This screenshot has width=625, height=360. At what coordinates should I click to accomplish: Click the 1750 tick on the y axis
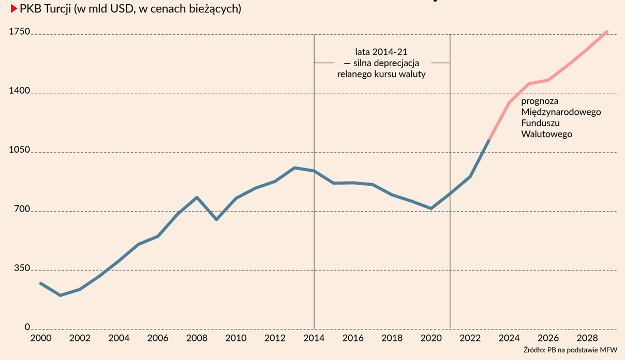(20, 32)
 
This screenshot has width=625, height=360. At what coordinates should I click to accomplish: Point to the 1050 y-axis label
(20, 151)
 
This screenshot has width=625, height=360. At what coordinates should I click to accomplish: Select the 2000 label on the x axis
(41, 338)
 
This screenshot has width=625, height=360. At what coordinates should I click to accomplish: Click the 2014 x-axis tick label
(315, 338)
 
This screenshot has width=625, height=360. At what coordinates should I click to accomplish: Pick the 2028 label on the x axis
(588, 338)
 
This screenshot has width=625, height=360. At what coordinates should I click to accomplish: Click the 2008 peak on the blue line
(197, 197)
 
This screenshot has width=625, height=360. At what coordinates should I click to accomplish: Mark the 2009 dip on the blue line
(216, 220)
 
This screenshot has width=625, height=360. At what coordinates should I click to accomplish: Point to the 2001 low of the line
(60, 295)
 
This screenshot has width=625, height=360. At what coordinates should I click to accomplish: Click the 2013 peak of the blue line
(294, 168)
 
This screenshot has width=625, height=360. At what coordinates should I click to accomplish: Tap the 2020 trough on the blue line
(431, 208)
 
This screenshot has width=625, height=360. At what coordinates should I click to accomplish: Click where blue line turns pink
(489, 140)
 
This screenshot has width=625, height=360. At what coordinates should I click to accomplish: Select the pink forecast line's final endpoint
(607, 32)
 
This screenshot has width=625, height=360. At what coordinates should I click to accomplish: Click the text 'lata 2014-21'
(382, 52)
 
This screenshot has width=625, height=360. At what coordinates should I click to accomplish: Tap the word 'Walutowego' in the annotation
(546, 134)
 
